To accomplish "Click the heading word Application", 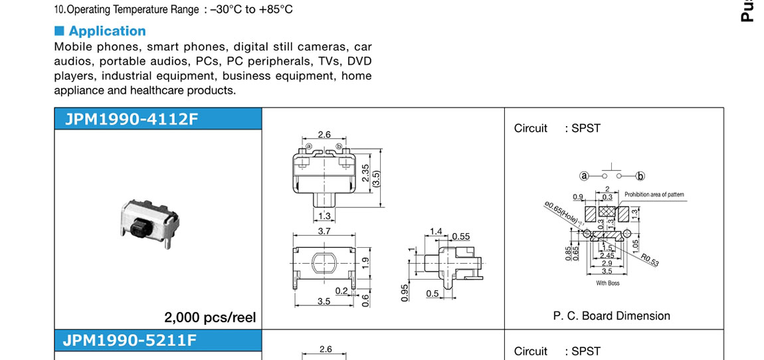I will pos(107,31).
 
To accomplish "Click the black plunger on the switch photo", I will pos(138,228).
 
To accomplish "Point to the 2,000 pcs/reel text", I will pos(210,317).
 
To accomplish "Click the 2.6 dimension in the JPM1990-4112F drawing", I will pos(324,135).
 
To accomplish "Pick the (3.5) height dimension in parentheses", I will pos(376,179).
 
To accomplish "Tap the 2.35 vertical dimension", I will pos(365,173).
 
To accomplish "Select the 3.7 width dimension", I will pos(324,231).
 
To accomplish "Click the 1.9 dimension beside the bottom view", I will pos(365,263).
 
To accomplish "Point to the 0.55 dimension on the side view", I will pos(460,236).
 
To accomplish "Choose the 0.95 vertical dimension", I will pos(405,293).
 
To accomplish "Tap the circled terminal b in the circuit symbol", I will pos(640,176).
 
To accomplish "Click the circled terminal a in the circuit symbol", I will pos(584,176).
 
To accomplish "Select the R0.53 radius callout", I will pos(650,260).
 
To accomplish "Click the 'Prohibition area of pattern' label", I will pos(654,195).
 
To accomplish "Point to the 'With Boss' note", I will pos(607,284).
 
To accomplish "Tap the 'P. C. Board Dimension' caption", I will pos(611,316).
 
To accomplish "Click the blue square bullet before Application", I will pos(59,31).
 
